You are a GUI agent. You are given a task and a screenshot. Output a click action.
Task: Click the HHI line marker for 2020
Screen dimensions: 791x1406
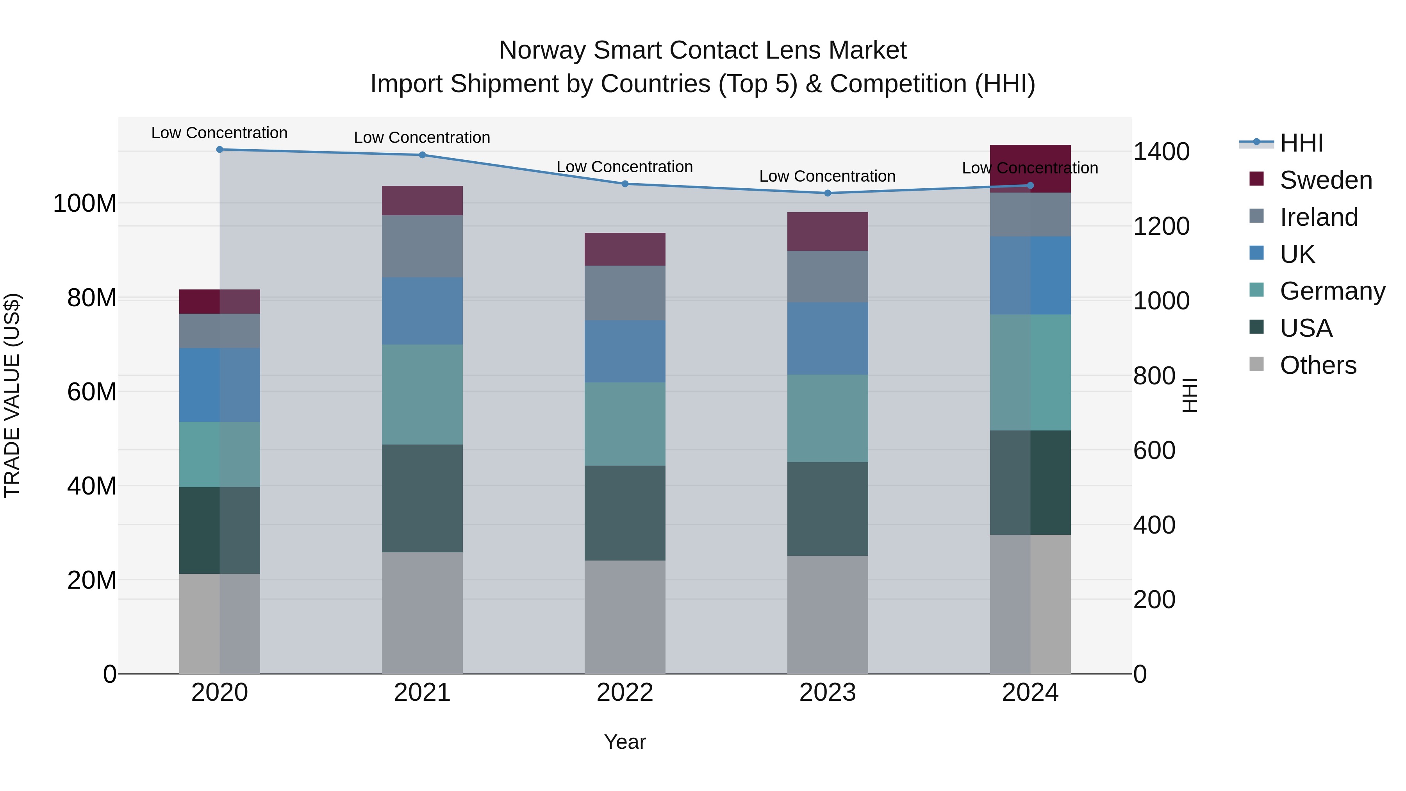219,149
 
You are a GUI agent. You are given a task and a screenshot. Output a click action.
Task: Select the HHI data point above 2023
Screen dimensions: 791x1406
828,193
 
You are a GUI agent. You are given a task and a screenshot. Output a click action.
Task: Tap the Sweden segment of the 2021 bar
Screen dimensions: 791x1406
422,200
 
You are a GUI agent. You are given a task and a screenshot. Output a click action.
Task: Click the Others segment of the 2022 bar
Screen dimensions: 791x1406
625,616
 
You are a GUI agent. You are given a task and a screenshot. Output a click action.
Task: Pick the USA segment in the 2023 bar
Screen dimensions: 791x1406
828,508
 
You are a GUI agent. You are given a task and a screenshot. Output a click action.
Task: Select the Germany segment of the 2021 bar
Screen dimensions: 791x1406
422,394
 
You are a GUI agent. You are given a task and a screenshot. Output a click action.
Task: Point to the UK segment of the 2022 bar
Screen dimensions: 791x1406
625,351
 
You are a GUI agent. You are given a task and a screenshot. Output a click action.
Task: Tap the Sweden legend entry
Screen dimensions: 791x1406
1325,180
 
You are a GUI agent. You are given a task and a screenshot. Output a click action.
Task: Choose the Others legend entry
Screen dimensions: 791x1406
1318,365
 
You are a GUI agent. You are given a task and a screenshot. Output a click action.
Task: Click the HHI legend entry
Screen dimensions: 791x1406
1301,143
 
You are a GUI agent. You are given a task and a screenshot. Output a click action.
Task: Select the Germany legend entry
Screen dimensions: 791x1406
1332,291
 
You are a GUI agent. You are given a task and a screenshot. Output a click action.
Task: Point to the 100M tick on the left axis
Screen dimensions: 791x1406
85,203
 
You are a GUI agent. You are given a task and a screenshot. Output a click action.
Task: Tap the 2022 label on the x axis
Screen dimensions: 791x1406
625,693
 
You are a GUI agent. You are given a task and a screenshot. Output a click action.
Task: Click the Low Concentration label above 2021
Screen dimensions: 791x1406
422,137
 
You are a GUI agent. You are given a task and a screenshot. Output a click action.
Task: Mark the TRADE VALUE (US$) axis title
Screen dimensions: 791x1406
12,395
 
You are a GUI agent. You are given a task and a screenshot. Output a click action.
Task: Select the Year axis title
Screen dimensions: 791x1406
625,742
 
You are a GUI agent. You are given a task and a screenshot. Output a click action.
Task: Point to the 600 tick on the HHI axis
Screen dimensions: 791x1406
1154,450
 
